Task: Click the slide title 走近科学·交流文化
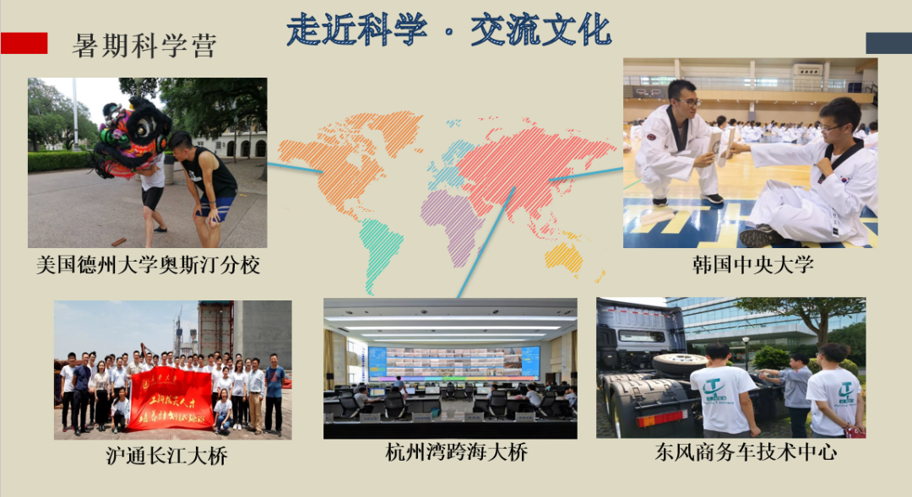448,30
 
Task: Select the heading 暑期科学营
144,45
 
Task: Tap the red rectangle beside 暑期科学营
24,43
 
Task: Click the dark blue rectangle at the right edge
888,43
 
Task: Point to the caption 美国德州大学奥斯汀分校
148,265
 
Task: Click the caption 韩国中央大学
751,265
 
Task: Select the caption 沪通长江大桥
166,456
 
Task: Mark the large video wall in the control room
453,362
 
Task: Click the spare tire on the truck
679,365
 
